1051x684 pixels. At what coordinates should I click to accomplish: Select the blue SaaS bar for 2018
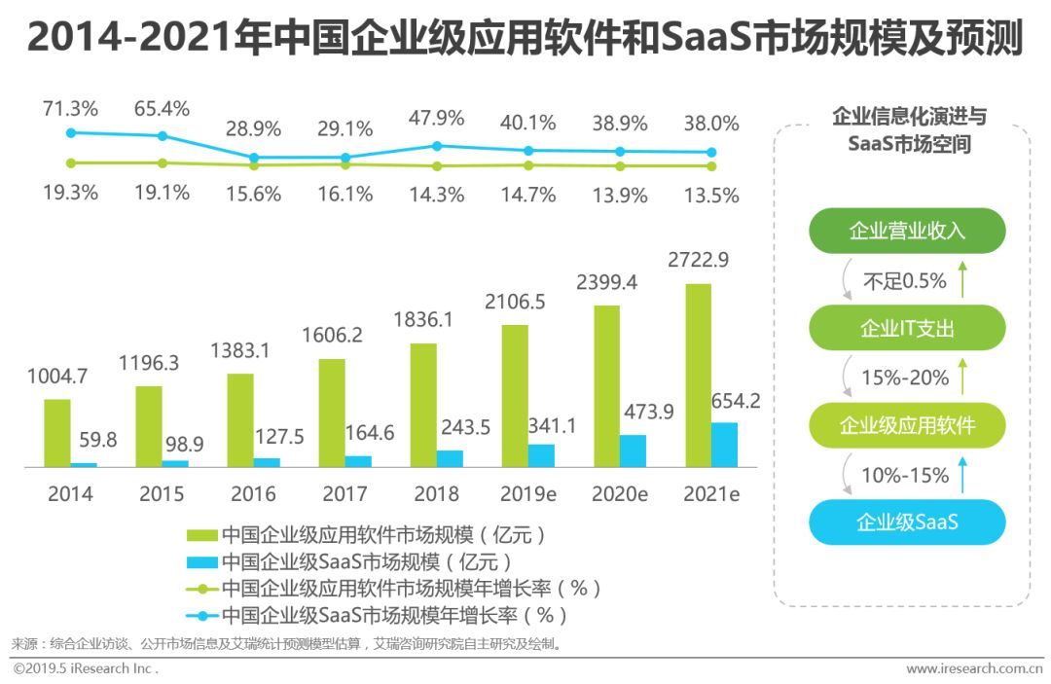450,458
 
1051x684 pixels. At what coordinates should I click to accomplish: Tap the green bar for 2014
57,433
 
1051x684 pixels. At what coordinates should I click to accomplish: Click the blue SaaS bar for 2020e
633,450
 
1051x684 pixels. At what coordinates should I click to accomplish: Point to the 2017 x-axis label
344,493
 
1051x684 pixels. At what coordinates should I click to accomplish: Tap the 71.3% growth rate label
69,108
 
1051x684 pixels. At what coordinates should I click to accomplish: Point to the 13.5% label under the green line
711,196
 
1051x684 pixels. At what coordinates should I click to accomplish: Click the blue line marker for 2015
163,136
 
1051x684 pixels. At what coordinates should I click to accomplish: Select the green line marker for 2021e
711,165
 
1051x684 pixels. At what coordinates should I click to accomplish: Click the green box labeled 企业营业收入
907,231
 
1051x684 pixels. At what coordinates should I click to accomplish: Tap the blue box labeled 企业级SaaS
907,522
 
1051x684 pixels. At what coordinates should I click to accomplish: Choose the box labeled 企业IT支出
907,328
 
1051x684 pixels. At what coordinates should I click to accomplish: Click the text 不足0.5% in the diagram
904,281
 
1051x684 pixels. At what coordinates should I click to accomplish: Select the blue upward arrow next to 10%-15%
962,475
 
